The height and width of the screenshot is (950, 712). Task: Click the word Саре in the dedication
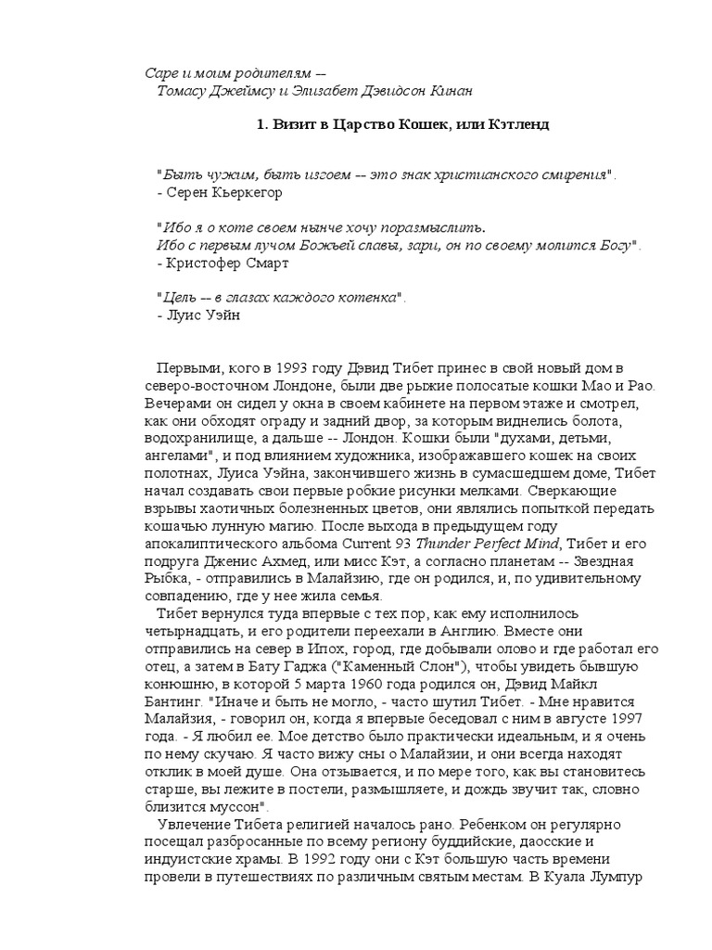pos(162,73)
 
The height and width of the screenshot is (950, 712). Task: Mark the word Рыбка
pos(170,579)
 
